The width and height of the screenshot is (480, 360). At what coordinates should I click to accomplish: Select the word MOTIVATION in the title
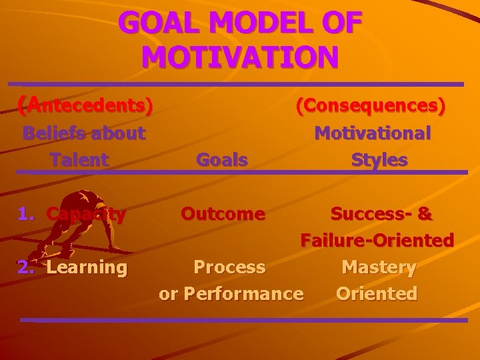coord(240,57)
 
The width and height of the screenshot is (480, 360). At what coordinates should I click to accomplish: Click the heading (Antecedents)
coord(85,105)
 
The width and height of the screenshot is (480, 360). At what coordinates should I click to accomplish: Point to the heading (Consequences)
coord(371,106)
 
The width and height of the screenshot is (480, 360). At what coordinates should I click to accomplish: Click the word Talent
coord(79,160)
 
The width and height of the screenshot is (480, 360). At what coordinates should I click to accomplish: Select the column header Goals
coord(222,160)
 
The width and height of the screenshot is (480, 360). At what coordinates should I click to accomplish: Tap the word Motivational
coord(373,133)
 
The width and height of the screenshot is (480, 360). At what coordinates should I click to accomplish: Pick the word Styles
coord(379,160)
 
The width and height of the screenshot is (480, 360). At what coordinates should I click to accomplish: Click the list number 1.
coord(25,215)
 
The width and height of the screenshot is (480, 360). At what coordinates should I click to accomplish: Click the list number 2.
coord(25,267)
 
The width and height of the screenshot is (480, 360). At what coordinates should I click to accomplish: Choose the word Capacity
coord(85,215)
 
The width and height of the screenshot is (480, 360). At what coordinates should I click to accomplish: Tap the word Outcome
coord(223,215)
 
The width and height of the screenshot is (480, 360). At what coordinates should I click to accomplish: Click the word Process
coord(229,267)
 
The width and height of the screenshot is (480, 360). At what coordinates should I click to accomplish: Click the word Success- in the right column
coord(371,215)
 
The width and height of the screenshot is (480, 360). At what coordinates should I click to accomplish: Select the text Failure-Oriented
coord(377,240)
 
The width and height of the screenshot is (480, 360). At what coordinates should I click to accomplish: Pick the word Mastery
coord(379,267)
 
